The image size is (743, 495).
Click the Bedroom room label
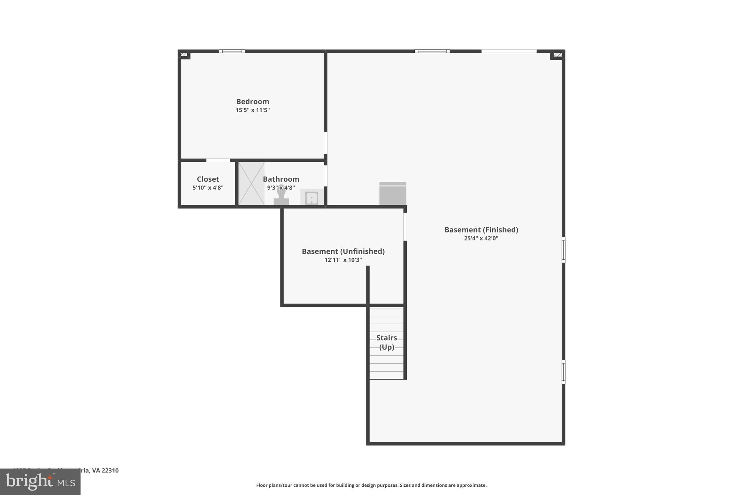tap(253, 102)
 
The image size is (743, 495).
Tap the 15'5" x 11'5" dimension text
tap(253, 110)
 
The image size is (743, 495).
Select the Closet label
tap(208, 179)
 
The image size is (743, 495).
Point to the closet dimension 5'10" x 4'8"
tap(208, 188)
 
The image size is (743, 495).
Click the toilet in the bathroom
tap(281, 196)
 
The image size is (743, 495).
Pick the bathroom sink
tap(311, 198)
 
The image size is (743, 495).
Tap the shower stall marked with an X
tap(251, 183)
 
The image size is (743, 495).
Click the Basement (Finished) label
tap(481, 230)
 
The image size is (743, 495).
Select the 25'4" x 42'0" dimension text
tap(481, 239)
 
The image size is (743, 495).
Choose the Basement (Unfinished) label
tap(343, 251)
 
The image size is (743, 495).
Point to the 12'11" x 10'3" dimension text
tap(343, 260)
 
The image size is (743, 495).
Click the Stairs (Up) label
tap(387, 342)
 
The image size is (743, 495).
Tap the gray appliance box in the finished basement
tap(393, 194)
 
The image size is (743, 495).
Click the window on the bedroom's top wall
tap(232, 51)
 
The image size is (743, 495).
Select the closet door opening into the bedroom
tap(218, 160)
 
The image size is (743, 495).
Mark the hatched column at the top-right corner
tap(558, 55)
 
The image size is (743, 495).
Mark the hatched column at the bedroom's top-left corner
tap(184, 55)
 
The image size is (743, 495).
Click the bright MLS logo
tap(40, 482)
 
